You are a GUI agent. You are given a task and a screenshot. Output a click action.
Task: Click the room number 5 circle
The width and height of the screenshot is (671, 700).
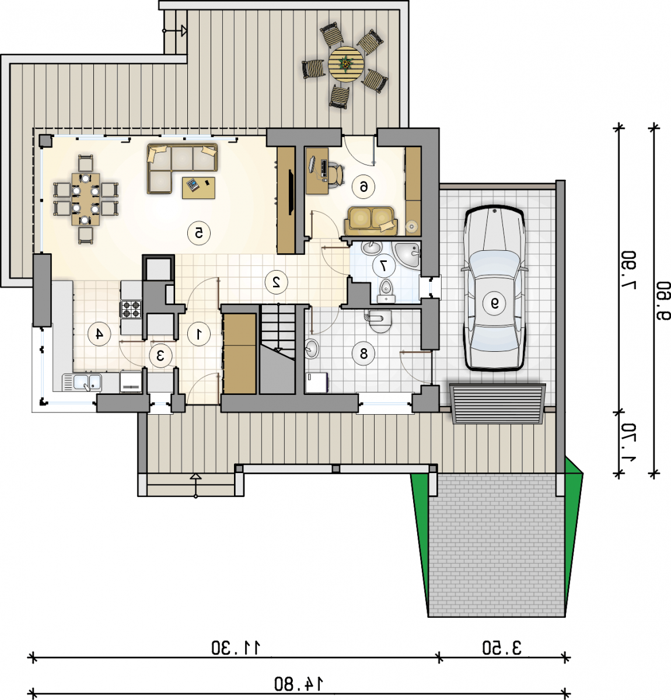point(199,233)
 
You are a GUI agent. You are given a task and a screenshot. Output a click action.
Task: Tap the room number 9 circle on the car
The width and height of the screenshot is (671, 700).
point(495,303)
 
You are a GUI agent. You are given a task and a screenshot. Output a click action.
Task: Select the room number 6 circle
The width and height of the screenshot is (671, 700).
point(364,187)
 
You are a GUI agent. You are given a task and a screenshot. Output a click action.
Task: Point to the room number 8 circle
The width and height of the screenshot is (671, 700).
point(364,353)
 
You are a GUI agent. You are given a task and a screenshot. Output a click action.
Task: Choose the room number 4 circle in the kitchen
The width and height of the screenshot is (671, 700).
point(99,334)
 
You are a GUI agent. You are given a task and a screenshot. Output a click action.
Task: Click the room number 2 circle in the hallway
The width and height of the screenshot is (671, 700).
point(277,282)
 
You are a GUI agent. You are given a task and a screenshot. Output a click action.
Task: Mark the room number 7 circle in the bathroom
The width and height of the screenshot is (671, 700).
point(384,265)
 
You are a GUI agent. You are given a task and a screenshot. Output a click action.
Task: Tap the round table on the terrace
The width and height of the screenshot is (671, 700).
point(346,65)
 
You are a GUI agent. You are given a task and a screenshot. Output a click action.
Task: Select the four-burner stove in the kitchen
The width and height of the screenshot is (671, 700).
point(131,309)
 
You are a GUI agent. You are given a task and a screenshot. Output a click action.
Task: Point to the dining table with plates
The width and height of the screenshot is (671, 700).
point(86,199)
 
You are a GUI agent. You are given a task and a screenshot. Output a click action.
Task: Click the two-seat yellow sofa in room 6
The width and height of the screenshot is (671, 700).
point(371,220)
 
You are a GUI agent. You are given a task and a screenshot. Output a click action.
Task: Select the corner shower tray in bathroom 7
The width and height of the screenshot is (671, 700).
point(408,256)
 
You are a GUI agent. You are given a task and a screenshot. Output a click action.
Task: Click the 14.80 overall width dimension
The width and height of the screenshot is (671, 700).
point(299,684)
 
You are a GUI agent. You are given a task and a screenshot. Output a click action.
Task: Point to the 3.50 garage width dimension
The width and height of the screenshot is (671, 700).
point(502,648)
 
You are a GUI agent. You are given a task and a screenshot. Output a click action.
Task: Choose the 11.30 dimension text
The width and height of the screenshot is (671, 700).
point(236,648)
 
